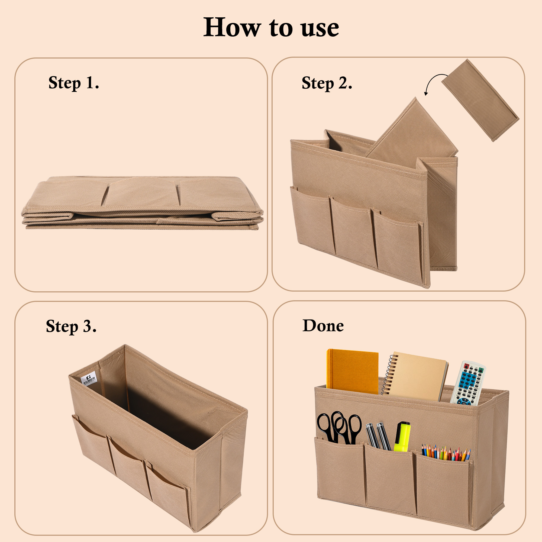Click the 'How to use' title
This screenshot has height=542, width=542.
(x=271, y=27)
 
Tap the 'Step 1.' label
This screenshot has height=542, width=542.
(x=73, y=83)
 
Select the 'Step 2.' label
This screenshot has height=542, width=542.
(x=327, y=83)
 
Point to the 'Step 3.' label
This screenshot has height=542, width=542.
(x=71, y=326)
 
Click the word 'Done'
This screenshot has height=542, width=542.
(x=323, y=326)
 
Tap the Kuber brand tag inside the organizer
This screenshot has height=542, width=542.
(x=89, y=380)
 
